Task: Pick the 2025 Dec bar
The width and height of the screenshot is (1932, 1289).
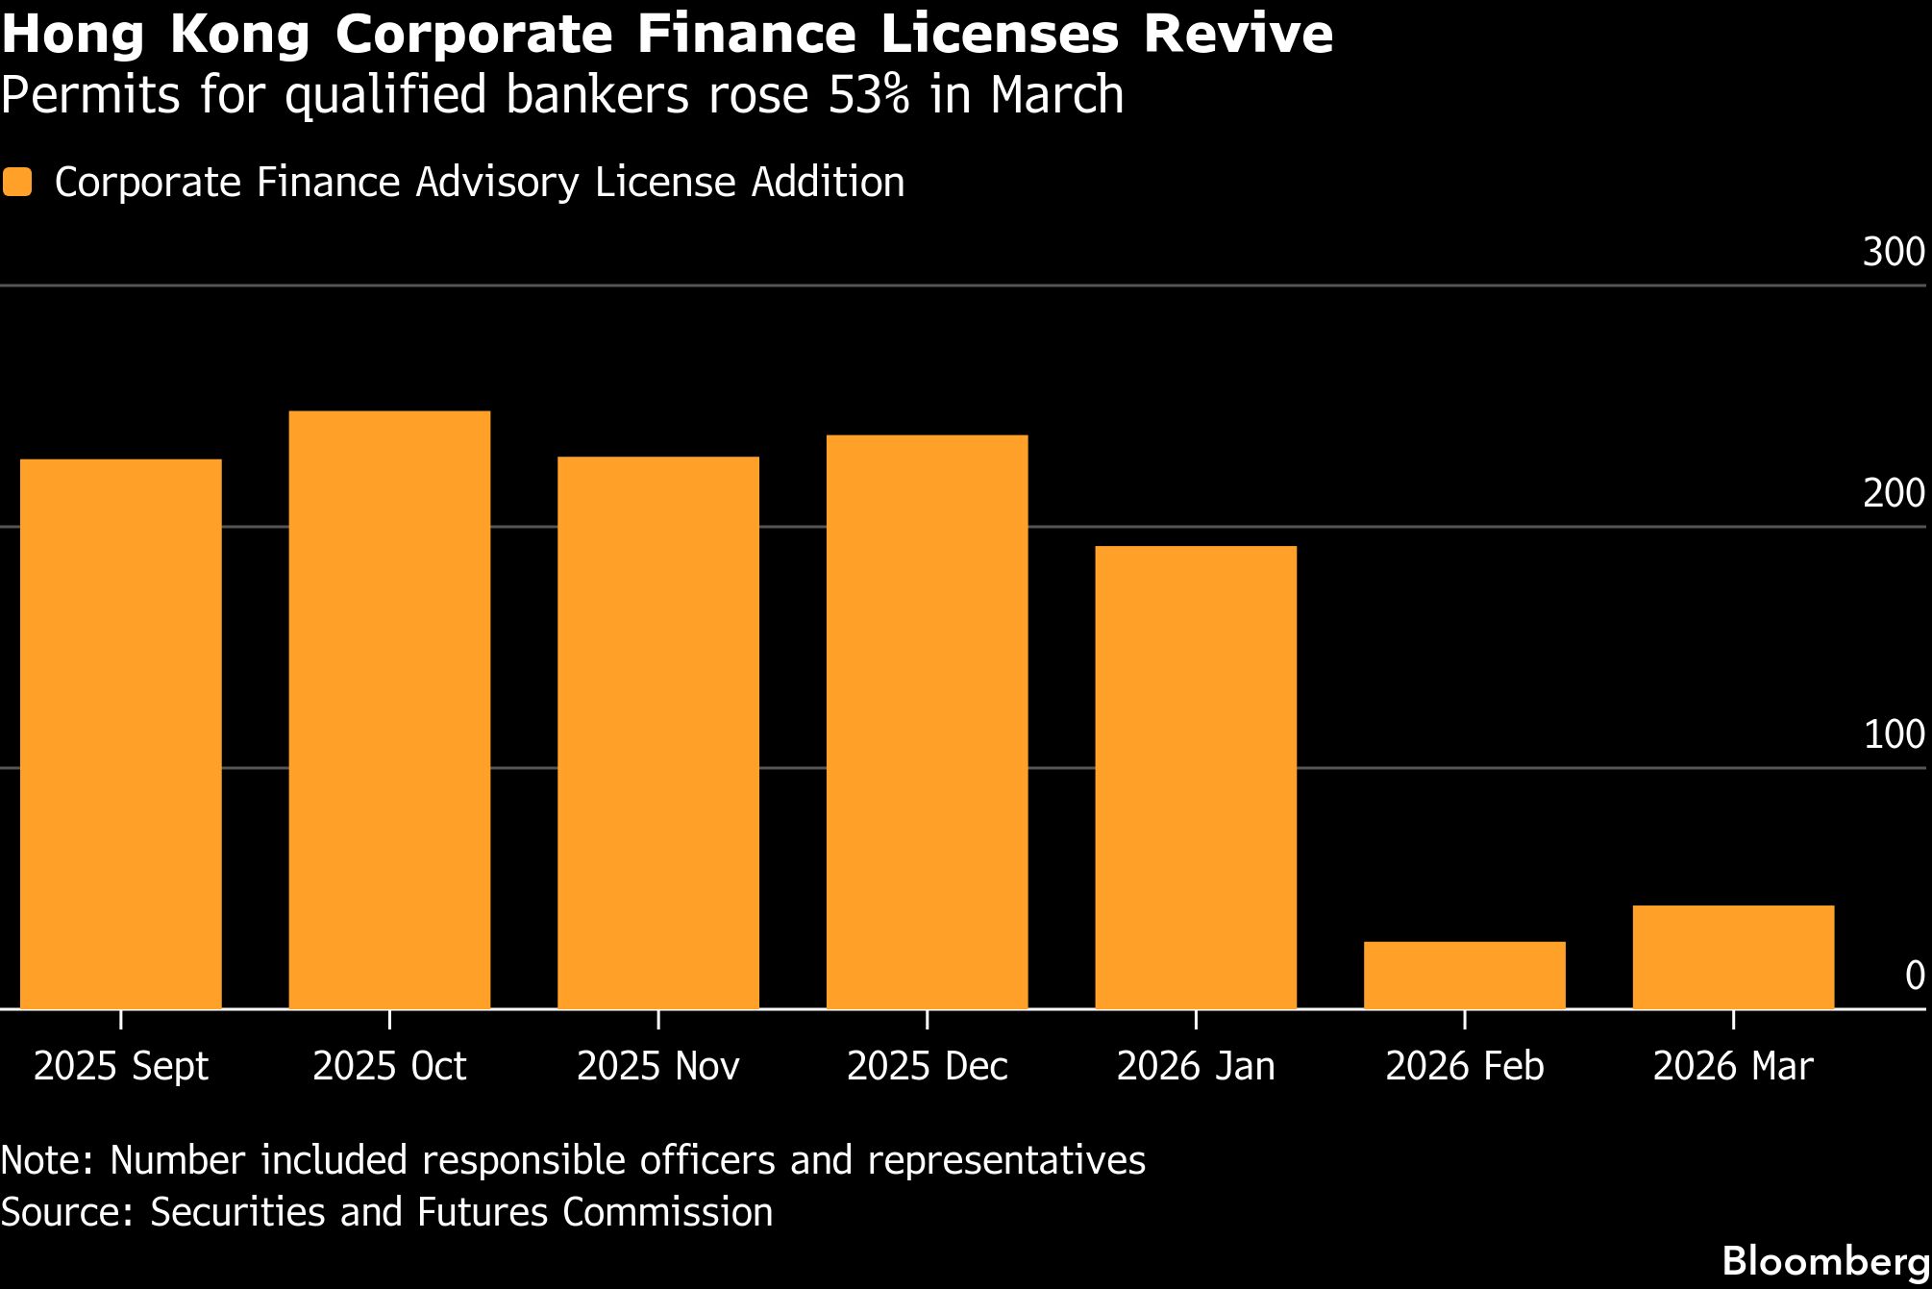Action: tap(927, 722)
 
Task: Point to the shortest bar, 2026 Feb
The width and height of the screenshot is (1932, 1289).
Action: tap(1464, 975)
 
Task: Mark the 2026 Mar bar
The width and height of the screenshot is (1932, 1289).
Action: tap(1733, 956)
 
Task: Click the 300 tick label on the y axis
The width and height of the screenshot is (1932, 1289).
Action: tap(1893, 252)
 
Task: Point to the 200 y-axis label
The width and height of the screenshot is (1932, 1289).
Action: tap(1893, 493)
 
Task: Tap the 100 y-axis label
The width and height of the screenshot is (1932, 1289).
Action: tap(1893, 734)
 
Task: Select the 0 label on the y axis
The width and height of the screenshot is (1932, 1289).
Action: tap(1914, 976)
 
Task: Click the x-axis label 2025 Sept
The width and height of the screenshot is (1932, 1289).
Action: tap(121, 1066)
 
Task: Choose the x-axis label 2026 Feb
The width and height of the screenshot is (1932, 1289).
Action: tap(1464, 1066)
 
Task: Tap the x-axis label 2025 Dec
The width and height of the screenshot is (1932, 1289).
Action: tap(927, 1066)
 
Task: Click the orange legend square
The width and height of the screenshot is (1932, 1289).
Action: tap(17, 182)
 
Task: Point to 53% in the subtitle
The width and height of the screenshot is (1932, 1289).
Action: tap(868, 94)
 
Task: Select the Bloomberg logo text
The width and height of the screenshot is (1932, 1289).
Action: tap(1825, 1261)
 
